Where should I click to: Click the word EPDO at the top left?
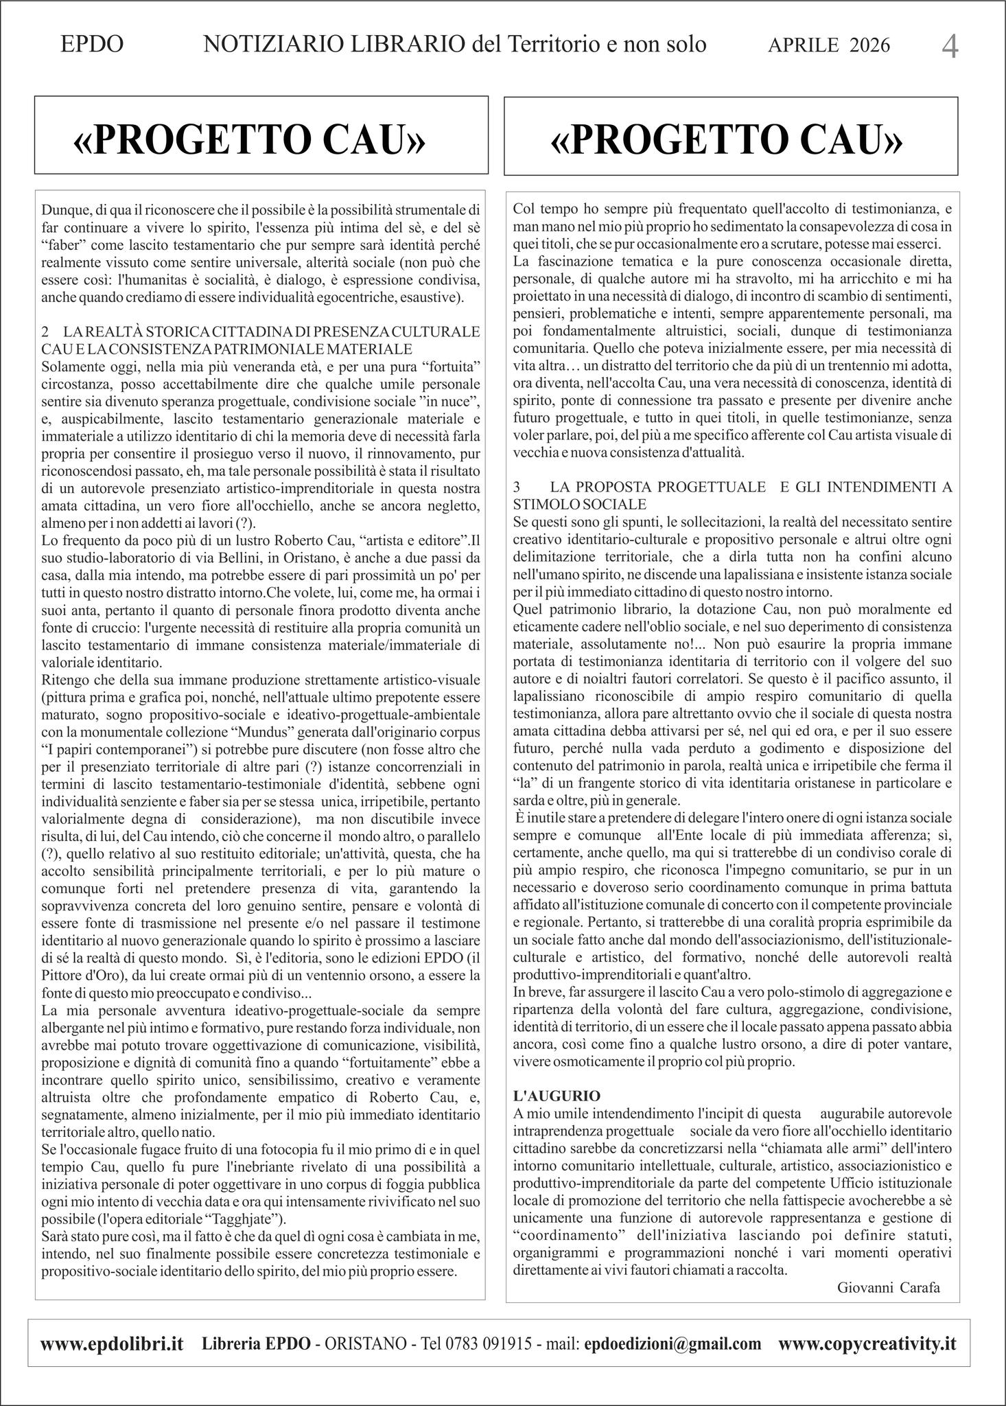92,45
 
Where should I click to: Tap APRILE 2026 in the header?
828,45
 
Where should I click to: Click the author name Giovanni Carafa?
888,1287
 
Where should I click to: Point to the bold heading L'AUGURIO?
557,1095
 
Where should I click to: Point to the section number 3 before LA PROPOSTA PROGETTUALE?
517,487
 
